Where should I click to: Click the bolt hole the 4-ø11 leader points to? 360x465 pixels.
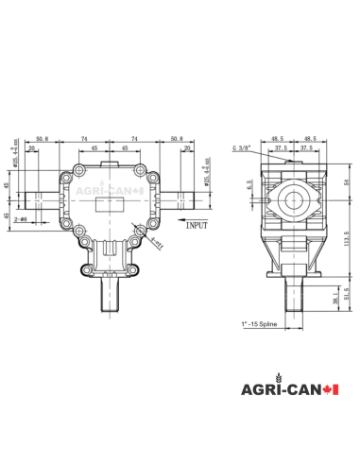[x=140, y=228]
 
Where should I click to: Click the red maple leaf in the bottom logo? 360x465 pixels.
[x=329, y=390]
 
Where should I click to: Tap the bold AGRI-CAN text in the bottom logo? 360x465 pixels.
[x=274, y=390]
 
